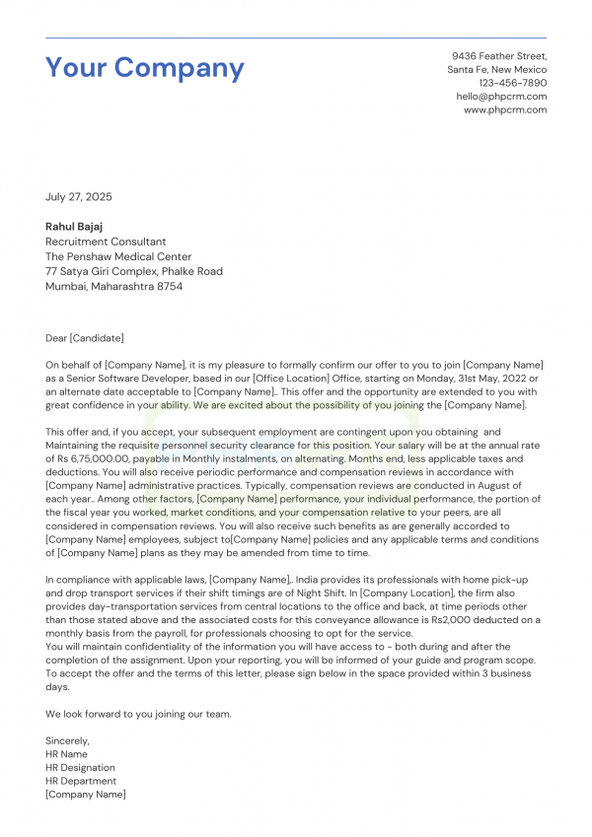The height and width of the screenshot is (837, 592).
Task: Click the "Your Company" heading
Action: click(x=145, y=68)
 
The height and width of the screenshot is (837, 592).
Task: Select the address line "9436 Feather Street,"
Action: click(x=499, y=56)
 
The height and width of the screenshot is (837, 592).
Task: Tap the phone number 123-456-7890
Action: click(x=512, y=83)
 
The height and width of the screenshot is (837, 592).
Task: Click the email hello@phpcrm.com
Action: click(x=501, y=97)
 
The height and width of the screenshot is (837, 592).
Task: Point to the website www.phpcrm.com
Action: click(x=505, y=109)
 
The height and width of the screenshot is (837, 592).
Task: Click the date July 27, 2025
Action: click(x=79, y=197)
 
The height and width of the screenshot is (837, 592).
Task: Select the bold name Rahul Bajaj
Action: click(x=76, y=227)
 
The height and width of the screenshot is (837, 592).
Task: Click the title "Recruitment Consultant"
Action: click(x=106, y=242)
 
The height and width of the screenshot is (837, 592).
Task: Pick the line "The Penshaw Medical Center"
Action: click(x=117, y=256)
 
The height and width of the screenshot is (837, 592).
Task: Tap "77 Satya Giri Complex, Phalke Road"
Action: click(x=134, y=271)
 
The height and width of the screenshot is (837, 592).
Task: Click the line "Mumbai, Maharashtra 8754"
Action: click(x=113, y=286)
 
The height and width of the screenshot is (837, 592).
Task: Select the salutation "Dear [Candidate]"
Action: click(x=85, y=338)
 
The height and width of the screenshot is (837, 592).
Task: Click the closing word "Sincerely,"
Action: click(x=67, y=740)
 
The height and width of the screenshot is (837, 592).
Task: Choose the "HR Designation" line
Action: click(x=80, y=767)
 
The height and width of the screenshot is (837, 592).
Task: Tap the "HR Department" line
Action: click(x=81, y=781)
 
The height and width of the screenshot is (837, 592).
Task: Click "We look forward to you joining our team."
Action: click(x=138, y=714)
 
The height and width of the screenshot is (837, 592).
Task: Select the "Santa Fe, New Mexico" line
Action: click(x=496, y=70)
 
